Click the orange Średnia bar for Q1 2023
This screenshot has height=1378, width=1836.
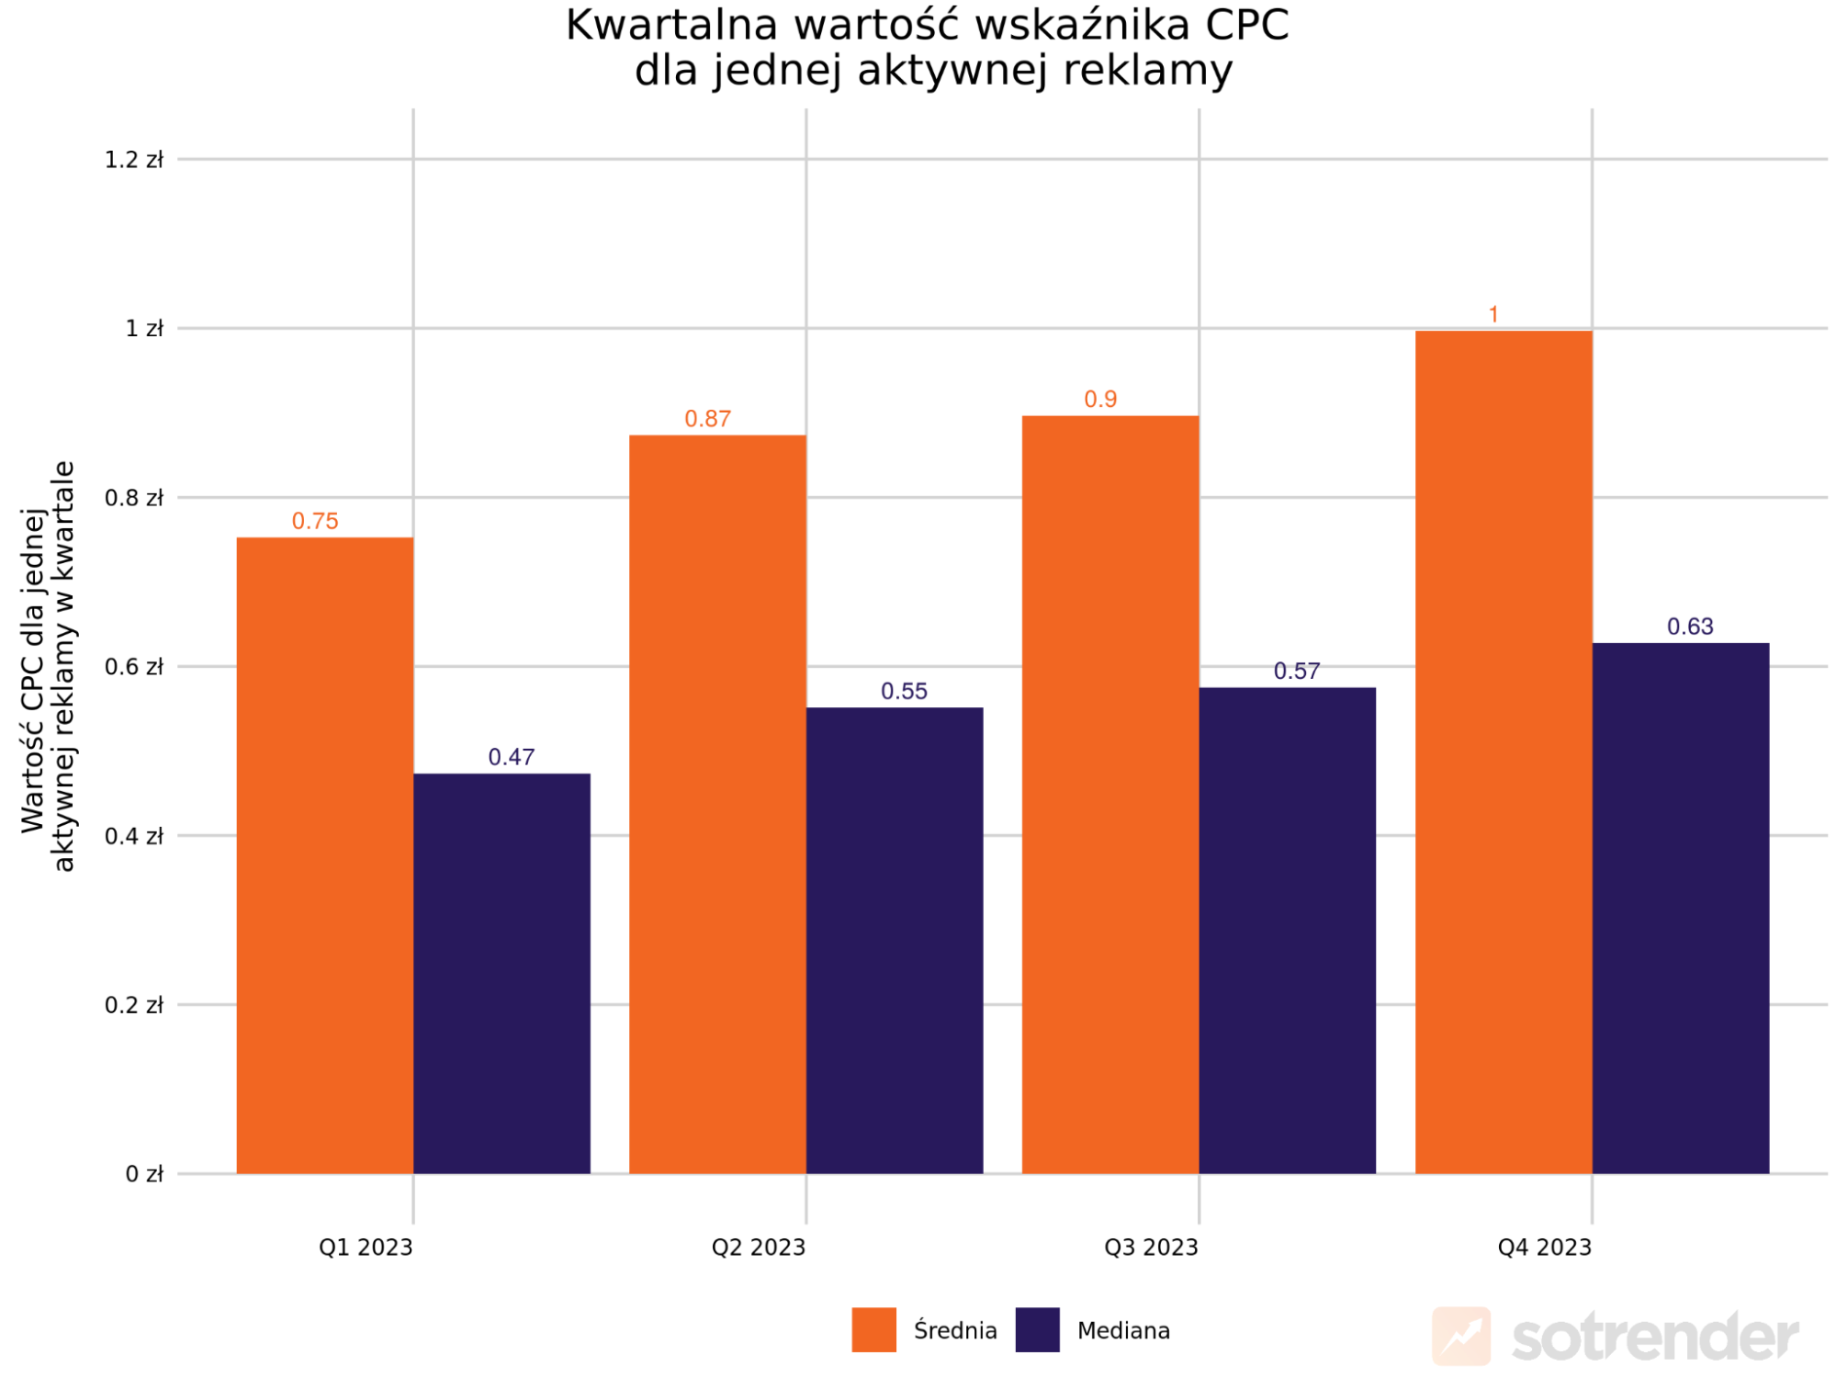pos(325,854)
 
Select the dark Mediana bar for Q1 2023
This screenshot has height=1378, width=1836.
pos(501,974)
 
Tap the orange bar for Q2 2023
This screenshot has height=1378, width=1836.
pos(717,804)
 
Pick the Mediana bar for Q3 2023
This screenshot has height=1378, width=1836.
pos(1287,930)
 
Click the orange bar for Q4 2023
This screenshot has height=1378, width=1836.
pos(1504,751)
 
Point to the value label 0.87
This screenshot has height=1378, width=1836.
pos(707,419)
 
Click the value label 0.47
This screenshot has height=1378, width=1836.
pos(511,757)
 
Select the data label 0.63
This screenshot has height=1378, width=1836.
pos(1690,627)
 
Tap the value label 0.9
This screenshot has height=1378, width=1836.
pos(1100,400)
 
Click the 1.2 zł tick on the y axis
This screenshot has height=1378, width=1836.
pos(134,160)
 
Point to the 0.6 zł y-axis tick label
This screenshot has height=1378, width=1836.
pos(134,667)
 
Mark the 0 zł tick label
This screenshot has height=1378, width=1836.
pos(144,1174)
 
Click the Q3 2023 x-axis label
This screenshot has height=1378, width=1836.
pos(1151,1248)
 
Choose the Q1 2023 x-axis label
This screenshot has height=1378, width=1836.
pos(366,1248)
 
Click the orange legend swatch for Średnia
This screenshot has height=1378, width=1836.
pos(873,1329)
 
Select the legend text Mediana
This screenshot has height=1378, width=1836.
pos(1123,1330)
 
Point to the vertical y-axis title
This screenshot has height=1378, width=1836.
pos(49,666)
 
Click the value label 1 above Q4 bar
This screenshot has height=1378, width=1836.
pos(1493,315)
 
